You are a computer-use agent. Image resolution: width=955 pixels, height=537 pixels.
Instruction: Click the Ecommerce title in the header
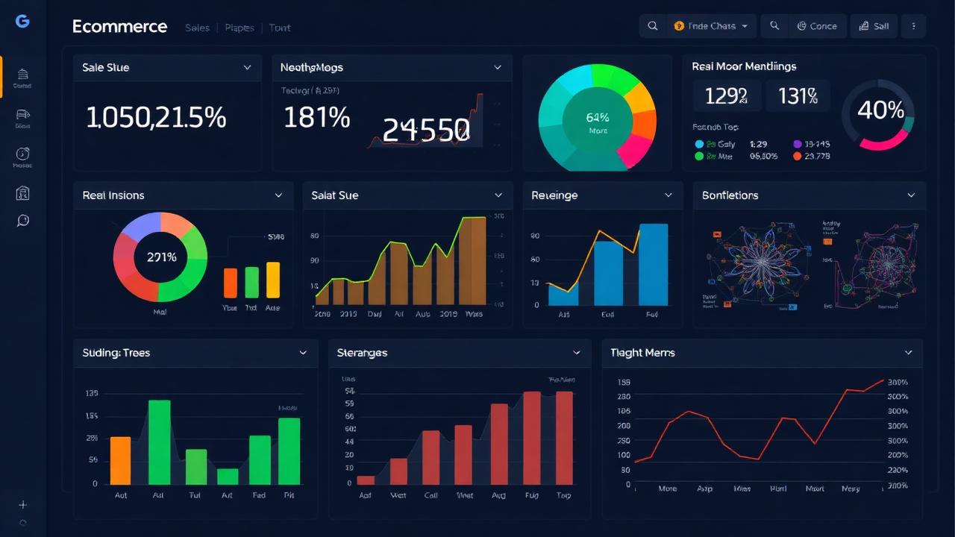[x=119, y=27]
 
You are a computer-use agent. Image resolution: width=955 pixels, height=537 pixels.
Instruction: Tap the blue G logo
[x=22, y=22]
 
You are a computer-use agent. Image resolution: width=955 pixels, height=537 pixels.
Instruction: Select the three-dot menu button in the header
[x=913, y=26]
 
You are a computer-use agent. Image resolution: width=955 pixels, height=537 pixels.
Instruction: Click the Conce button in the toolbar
[x=817, y=26]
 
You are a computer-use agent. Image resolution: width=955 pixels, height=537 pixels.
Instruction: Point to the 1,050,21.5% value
[x=156, y=118]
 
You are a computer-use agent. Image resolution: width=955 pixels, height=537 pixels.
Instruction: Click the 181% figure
[x=316, y=118]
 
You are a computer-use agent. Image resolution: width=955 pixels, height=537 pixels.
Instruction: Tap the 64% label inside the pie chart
[x=598, y=118]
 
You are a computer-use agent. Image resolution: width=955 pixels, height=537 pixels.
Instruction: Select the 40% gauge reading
[x=880, y=111]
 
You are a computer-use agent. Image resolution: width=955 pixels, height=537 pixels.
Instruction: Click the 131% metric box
[x=798, y=96]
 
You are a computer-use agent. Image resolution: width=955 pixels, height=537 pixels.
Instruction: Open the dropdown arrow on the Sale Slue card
[x=248, y=68]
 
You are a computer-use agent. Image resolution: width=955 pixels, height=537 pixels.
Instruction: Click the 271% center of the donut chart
[x=161, y=257]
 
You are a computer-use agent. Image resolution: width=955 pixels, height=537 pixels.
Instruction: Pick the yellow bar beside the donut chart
[x=273, y=280]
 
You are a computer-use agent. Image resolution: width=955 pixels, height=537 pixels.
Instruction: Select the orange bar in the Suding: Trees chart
[x=120, y=460]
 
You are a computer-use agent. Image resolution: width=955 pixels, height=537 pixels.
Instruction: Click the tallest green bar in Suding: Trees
[x=160, y=442]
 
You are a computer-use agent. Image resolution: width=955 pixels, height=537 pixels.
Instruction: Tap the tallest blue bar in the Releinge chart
[x=654, y=265]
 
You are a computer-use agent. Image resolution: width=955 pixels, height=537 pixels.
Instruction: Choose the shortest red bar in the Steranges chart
[x=366, y=480]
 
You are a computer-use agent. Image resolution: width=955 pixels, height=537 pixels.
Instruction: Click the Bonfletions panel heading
[x=730, y=195]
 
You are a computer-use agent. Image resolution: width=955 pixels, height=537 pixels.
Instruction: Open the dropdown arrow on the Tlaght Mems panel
[x=908, y=353]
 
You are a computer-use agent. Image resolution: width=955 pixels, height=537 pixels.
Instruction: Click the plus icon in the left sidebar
[x=23, y=505]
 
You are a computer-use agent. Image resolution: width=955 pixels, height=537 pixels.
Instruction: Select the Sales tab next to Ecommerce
[x=197, y=28]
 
